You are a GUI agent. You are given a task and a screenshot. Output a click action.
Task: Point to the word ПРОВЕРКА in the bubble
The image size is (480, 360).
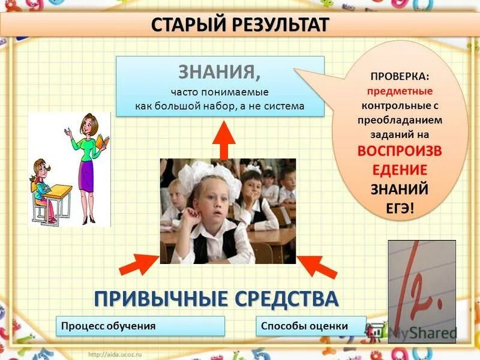point(400,77)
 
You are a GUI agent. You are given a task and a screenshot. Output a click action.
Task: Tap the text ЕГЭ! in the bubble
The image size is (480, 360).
point(400,207)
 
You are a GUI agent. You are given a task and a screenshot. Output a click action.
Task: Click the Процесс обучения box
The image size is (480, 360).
point(140,326)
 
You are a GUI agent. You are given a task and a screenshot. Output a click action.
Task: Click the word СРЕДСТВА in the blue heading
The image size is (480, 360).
point(284,298)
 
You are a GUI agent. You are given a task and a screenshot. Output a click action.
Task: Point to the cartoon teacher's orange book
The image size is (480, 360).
point(103,142)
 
